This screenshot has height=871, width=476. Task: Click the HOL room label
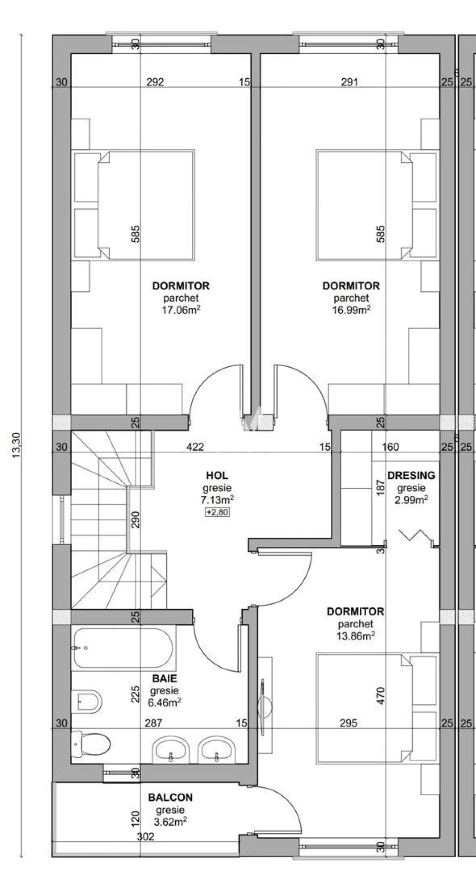(x=217, y=475)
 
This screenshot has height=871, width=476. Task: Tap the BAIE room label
(x=164, y=679)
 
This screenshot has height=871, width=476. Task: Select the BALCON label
(x=170, y=798)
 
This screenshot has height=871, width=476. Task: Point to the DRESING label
(x=411, y=475)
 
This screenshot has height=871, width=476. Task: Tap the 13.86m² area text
(x=356, y=636)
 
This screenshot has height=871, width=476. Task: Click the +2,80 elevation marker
(x=217, y=512)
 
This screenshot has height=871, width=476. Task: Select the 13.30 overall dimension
(x=17, y=445)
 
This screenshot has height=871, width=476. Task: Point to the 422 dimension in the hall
(x=195, y=447)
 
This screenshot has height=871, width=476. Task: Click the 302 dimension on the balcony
(x=146, y=837)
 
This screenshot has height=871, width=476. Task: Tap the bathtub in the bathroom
(x=123, y=649)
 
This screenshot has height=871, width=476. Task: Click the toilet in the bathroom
(x=91, y=745)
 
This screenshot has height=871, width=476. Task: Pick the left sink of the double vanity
(x=171, y=749)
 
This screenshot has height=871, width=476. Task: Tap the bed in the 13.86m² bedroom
(x=377, y=708)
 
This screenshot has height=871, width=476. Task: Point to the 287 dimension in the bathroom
(x=153, y=723)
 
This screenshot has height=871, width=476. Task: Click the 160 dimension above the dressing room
(x=390, y=447)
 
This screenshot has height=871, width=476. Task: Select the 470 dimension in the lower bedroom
(x=380, y=696)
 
